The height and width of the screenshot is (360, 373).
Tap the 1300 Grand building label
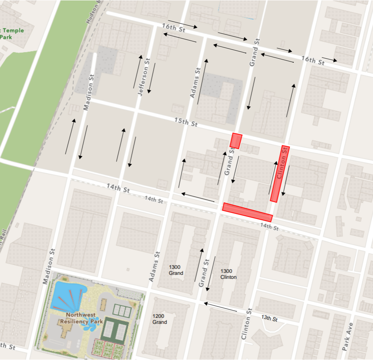point(176,270)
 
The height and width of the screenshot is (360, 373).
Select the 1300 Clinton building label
point(228,274)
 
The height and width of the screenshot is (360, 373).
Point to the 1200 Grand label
point(160,319)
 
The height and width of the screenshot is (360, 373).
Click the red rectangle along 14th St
point(247,213)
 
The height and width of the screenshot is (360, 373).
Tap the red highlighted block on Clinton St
point(280,174)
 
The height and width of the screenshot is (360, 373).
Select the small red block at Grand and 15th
point(236,141)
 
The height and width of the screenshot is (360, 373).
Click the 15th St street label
point(186,122)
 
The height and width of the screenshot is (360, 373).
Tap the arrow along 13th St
point(220,307)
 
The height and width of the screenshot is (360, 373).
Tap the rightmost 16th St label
point(313,61)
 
